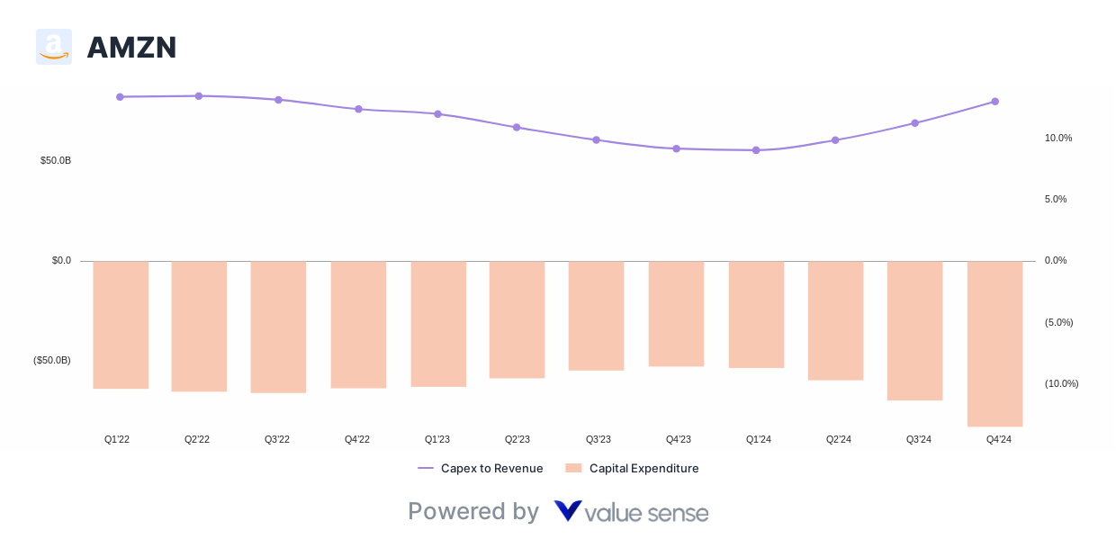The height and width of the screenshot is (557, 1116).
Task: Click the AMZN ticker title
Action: click(x=131, y=48)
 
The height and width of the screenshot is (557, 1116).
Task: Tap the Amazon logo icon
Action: click(x=54, y=47)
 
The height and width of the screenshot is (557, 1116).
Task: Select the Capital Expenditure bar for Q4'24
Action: click(x=994, y=344)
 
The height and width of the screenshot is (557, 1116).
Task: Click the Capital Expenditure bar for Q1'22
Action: click(x=121, y=325)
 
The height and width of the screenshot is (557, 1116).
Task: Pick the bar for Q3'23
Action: click(x=596, y=316)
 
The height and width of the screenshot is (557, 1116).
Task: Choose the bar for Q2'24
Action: click(x=835, y=320)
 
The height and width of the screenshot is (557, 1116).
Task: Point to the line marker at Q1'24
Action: click(x=756, y=150)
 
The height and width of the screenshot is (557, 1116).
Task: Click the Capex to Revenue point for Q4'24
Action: click(x=994, y=102)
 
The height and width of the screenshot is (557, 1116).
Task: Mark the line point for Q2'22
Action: click(x=199, y=95)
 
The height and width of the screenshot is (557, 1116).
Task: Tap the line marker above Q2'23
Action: click(x=517, y=128)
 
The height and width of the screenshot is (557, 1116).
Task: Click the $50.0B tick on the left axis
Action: click(x=56, y=160)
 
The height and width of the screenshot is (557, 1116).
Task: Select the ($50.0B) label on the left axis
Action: click(x=52, y=360)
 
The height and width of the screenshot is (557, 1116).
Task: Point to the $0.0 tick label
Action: click(x=61, y=260)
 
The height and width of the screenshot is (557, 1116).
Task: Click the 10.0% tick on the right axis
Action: click(x=1057, y=138)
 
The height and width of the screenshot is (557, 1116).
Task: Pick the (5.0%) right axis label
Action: click(x=1058, y=322)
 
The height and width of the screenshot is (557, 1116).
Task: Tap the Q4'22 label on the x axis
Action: click(x=357, y=439)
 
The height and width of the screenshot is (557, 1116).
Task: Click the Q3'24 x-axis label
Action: click(x=918, y=439)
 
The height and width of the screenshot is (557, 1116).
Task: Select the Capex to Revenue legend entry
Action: click(x=481, y=468)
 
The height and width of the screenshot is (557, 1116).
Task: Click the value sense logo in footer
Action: click(x=631, y=512)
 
